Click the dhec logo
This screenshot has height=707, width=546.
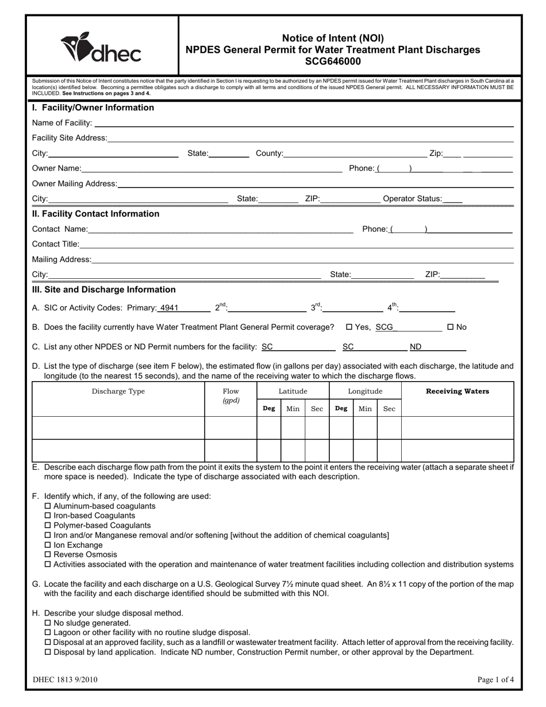click(x=101, y=48)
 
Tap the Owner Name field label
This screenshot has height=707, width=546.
click(x=56, y=168)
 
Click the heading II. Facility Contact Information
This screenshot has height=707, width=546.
click(x=95, y=214)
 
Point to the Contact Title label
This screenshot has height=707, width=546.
click(x=55, y=244)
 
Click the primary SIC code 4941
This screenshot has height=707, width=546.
click(x=170, y=308)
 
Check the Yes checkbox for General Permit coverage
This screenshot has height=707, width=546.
click(x=349, y=327)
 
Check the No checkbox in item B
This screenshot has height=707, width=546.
click(x=450, y=327)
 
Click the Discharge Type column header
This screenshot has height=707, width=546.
click(x=118, y=391)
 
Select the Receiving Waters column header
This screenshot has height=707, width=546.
click(x=457, y=391)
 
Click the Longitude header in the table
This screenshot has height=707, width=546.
click(x=365, y=391)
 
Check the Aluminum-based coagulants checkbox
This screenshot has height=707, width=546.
click(x=48, y=506)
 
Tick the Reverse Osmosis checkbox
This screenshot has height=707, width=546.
click(x=48, y=555)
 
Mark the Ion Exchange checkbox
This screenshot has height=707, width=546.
click(x=48, y=545)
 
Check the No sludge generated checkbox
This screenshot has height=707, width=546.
click(x=48, y=623)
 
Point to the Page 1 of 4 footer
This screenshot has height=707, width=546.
click(x=495, y=680)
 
